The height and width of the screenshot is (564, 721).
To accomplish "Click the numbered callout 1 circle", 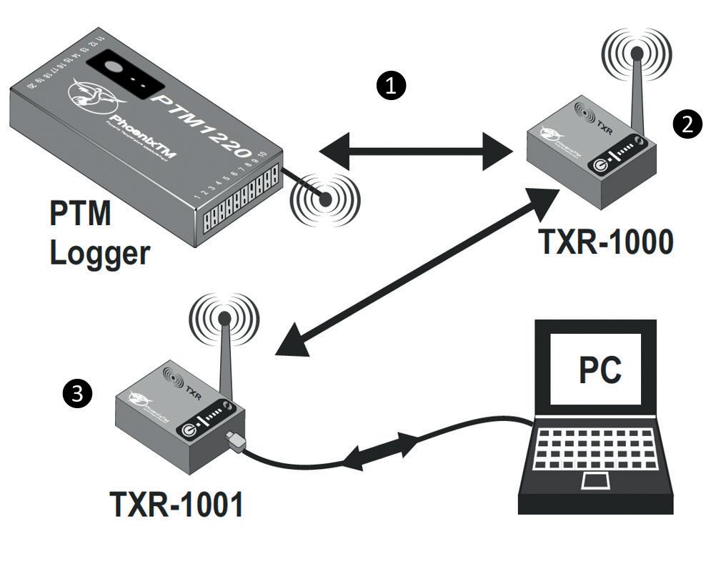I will (390, 86).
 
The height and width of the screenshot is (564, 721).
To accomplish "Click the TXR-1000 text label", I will (605, 243).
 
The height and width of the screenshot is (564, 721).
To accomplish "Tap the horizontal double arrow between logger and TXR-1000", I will (417, 152).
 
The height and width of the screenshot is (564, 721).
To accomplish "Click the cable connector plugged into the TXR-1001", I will (235, 441).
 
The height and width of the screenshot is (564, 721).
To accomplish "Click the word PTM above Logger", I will (79, 214).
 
